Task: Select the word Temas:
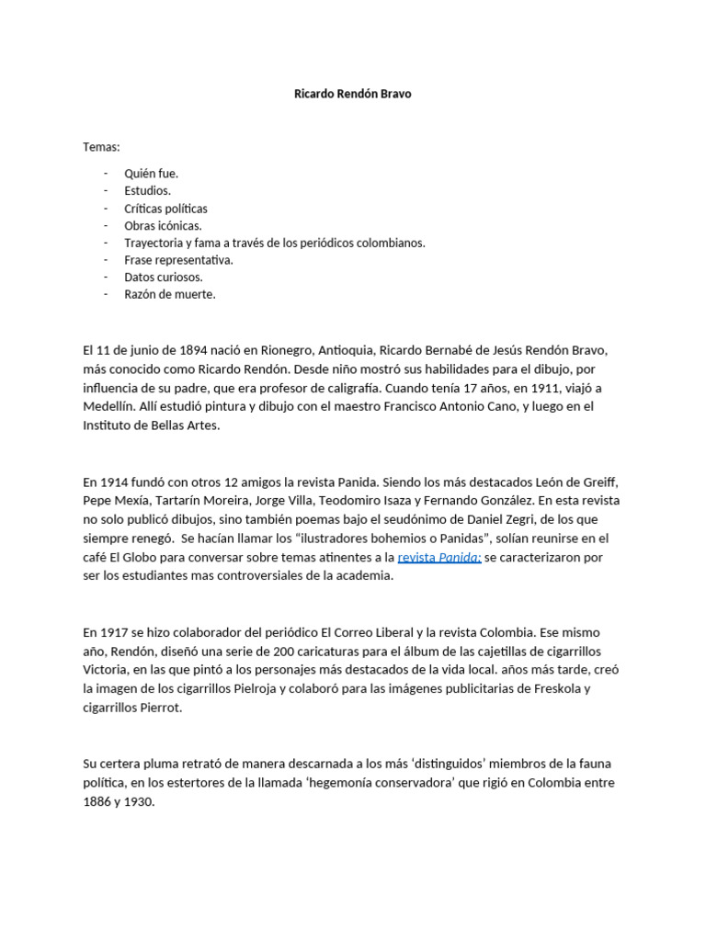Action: click(x=102, y=147)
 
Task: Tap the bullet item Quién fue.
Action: click(x=152, y=174)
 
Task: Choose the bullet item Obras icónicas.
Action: click(x=163, y=225)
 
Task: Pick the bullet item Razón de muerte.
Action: click(x=170, y=294)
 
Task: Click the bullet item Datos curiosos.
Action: click(x=164, y=277)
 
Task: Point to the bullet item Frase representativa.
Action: click(x=178, y=260)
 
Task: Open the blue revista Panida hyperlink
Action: click(x=439, y=557)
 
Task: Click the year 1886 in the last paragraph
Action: click(x=98, y=800)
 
